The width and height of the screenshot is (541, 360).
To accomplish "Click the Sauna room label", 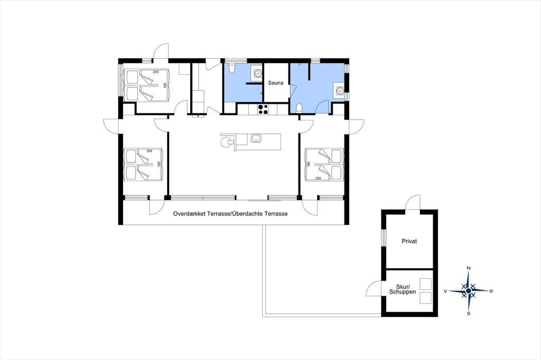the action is [276, 83].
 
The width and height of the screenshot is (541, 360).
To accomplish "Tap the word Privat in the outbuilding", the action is [409, 241].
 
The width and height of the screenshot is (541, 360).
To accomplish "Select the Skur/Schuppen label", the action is [403, 289].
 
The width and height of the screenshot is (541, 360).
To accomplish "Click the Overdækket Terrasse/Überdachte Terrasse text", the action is [230, 214].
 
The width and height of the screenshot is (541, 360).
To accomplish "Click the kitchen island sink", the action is [256, 138].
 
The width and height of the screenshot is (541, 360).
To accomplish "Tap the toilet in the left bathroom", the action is [232, 68].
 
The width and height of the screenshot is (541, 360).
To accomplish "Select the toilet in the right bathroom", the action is [299, 108].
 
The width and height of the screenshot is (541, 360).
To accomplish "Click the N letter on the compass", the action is [469, 268].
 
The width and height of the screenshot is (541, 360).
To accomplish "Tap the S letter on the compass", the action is [469, 314].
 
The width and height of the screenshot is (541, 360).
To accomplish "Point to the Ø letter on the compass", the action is [491, 291].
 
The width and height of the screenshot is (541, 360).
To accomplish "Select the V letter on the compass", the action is [445, 291].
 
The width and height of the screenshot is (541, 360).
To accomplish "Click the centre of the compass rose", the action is [469, 291].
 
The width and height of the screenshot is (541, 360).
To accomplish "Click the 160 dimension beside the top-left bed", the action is [165, 85].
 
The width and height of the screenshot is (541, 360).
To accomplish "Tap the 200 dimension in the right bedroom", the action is [318, 178].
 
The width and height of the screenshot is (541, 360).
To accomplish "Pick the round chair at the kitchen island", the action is [226, 141].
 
